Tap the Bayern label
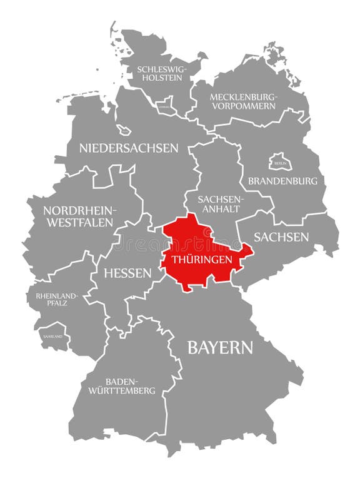[x=220, y=348]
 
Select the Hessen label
[x=127, y=273]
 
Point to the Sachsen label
[x=281, y=236]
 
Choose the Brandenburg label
[x=282, y=181]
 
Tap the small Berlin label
[x=279, y=163]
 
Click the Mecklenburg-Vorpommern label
[x=242, y=101]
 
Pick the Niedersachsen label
[x=129, y=148]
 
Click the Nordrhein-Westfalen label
[x=78, y=216]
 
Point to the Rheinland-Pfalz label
[x=57, y=298]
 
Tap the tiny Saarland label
[x=53, y=336]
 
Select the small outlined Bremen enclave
[x=124, y=130]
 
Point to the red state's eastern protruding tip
[x=249, y=251]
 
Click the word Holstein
[x=161, y=78]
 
